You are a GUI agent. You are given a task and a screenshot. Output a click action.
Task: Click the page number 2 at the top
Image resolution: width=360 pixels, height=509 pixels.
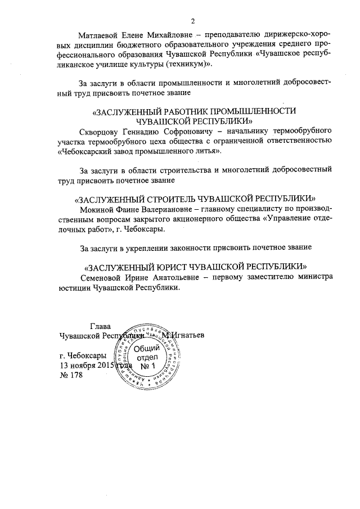click(x=193, y=22)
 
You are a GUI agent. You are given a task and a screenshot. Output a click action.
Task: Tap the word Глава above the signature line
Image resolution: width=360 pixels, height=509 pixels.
click(x=101, y=326)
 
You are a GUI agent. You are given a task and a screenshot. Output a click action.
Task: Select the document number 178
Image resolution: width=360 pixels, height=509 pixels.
click(x=75, y=376)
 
